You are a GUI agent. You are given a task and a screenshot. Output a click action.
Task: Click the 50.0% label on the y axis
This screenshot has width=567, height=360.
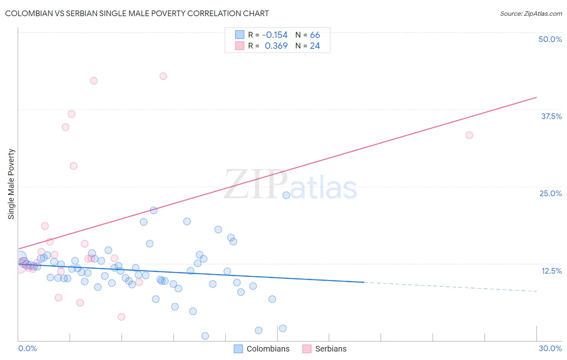click(x=550, y=39)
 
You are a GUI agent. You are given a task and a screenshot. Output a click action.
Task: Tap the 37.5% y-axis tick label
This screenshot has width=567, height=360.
click(x=551, y=116)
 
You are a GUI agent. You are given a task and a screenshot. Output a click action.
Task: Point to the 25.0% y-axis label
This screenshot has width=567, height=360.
click(x=550, y=193)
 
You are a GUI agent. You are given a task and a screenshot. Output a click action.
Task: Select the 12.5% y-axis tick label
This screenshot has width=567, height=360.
click(x=551, y=271)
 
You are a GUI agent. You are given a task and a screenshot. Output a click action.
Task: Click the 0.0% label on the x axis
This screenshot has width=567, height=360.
click(x=27, y=348)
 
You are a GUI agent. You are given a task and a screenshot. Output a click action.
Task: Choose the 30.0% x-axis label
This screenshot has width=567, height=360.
click(x=550, y=348)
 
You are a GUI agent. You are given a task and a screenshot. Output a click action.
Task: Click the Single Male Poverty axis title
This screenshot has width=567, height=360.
click(x=11, y=184)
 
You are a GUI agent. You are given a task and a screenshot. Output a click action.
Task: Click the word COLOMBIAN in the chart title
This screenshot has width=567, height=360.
click(x=29, y=13)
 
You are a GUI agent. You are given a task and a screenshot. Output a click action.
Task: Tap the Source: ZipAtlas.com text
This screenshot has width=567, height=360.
click(x=531, y=13)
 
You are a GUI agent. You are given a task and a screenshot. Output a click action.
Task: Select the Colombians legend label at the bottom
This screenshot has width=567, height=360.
click(x=268, y=349)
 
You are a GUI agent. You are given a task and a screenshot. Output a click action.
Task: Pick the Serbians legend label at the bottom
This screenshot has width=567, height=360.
click(x=331, y=349)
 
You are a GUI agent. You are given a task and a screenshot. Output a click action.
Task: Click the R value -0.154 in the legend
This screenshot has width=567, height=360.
click(x=275, y=35)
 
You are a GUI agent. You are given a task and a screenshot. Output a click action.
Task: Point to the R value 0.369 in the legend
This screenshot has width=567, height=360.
click(x=276, y=46)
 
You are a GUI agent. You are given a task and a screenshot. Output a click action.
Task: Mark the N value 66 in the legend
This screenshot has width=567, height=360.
click(x=315, y=35)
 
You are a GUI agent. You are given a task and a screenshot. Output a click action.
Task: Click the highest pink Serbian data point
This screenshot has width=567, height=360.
click(x=163, y=76)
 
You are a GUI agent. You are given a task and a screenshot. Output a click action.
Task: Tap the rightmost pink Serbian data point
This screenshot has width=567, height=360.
click(x=469, y=135)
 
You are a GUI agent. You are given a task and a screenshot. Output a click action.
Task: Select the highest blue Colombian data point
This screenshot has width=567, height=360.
click(x=286, y=195)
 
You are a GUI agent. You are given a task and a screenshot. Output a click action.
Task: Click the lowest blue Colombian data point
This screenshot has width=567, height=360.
click(x=205, y=336)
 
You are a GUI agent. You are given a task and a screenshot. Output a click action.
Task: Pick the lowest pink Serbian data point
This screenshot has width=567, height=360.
click(x=121, y=317)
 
